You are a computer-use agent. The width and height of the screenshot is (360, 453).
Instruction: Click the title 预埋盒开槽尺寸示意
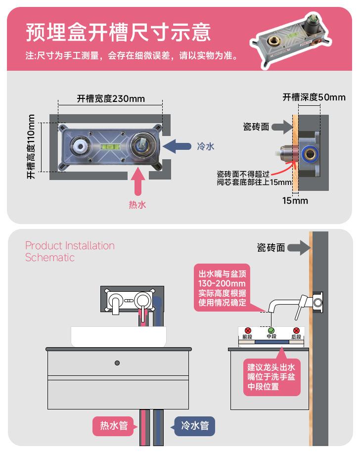coord(118,32)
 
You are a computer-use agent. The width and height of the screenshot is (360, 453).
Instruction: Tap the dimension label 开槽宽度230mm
coord(111,98)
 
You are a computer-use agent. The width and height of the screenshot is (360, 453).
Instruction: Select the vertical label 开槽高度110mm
coord(32,146)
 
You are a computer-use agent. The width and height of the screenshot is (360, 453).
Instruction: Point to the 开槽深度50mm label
coord(314,97)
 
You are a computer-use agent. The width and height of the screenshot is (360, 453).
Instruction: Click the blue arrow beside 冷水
coord(177,146)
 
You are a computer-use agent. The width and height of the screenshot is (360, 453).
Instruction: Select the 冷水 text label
coord(206,146)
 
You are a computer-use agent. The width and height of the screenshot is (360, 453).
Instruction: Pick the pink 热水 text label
coord(137,204)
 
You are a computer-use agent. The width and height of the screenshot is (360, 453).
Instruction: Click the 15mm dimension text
coord(295,200)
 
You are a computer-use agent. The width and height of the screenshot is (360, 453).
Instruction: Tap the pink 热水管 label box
coord(114,425)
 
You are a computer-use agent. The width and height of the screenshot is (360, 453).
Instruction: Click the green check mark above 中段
coord(271,330)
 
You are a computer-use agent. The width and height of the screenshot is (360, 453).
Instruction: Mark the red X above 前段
coord(247,330)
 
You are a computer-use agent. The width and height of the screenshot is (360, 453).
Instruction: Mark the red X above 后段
coord(296,330)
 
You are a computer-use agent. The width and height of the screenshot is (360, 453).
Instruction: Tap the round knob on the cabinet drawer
coord(117,363)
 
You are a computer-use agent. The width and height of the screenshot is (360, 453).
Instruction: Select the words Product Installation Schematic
coord(70,251)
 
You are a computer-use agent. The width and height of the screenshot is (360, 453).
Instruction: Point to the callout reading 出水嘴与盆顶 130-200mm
coord(223,288)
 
